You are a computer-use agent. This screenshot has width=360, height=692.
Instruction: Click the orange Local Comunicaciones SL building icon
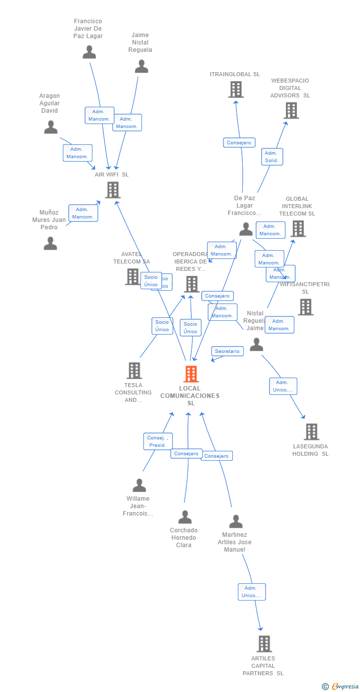point(191,374)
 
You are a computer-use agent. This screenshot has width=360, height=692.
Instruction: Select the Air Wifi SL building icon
point(113,190)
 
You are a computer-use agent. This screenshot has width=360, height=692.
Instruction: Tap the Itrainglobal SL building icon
point(236,89)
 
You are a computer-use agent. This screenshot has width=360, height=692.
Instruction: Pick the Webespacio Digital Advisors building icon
point(291,110)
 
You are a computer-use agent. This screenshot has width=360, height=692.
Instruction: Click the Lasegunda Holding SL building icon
point(311,432)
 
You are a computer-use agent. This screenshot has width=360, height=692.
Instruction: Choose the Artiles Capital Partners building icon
point(264,644)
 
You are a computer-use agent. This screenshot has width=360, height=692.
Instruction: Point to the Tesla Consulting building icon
point(134,370)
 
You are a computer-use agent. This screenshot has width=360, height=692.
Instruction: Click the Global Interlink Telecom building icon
point(298,228)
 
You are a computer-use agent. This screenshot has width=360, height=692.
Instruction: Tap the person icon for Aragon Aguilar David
point(50,128)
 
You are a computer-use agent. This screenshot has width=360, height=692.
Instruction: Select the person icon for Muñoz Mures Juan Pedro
point(50,244)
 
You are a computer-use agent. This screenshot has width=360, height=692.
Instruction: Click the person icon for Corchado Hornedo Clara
point(184,517)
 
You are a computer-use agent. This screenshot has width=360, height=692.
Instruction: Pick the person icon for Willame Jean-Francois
point(139,485)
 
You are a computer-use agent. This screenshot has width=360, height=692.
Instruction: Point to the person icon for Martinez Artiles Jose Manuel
point(235,521)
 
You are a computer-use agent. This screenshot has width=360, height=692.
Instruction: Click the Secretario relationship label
point(227,351)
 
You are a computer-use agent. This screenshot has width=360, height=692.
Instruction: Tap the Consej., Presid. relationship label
point(158,441)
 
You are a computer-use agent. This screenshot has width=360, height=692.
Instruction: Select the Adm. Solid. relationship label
point(271,157)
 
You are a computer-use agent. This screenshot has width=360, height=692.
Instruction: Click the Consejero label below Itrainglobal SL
point(239,143)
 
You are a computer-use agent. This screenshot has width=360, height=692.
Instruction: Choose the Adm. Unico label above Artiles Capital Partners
point(251,592)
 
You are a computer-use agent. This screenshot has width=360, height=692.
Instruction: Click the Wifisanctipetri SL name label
point(305,288)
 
